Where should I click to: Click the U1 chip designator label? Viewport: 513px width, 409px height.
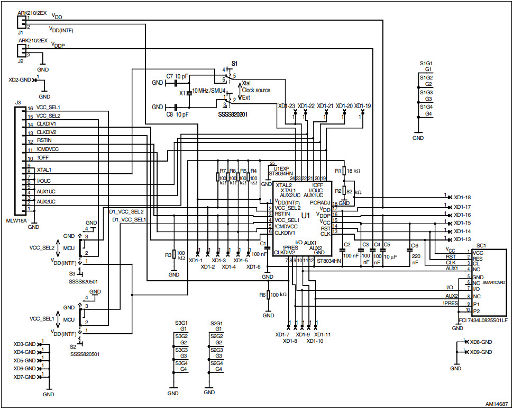coord(305,216)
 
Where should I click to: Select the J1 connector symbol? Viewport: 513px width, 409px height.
coord(21,22)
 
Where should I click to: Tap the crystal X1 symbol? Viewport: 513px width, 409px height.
coord(188,93)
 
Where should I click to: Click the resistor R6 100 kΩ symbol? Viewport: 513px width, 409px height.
coord(268,295)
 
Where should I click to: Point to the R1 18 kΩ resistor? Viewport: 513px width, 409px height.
coord(344,171)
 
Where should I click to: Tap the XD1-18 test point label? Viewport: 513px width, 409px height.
coord(462,198)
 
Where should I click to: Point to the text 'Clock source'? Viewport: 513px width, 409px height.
coord(256,91)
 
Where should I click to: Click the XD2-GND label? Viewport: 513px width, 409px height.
coord(20,80)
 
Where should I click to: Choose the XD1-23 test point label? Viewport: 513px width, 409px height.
coord(286,106)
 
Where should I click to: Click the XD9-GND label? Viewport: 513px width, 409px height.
coord(481,352)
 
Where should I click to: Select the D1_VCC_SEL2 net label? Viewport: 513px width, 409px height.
coord(126,211)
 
